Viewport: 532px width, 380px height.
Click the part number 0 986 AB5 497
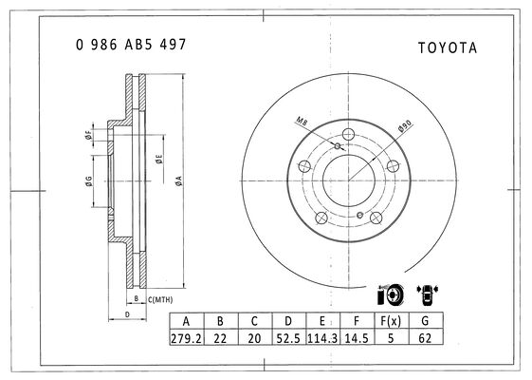(x=131, y=45)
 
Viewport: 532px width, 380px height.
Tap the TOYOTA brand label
(x=448, y=47)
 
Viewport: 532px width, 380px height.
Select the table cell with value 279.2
(x=186, y=338)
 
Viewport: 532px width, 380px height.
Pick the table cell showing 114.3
(x=322, y=338)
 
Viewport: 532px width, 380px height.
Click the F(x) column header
(x=391, y=321)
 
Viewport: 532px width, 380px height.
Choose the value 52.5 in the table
(x=288, y=338)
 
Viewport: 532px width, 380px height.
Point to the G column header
(x=425, y=321)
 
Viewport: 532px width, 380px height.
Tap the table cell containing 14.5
(x=357, y=338)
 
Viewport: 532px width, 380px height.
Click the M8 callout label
(x=302, y=121)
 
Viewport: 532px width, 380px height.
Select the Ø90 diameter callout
(x=405, y=125)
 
